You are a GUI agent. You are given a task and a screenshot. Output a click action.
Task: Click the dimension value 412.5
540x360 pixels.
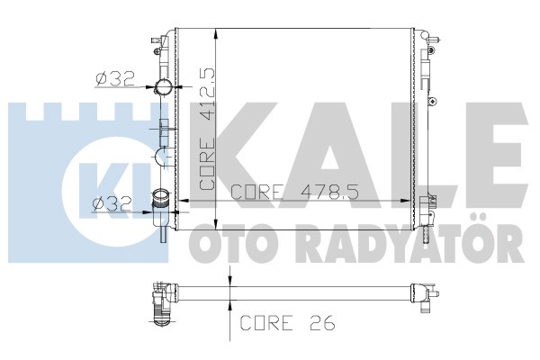[207, 94]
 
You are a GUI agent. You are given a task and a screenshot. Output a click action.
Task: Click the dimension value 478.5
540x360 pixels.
[329, 193]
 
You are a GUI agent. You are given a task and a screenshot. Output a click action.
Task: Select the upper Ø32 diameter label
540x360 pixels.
[115, 79]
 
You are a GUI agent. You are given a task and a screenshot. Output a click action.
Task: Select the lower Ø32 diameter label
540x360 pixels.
[112, 204]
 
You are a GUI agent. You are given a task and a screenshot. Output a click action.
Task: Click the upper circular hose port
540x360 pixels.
[163, 87]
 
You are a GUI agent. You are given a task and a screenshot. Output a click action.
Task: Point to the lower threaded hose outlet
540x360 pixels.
[161, 198]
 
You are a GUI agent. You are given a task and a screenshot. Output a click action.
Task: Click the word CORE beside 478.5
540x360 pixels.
[256, 193]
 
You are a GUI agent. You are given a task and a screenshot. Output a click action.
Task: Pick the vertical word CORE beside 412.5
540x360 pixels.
[207, 163]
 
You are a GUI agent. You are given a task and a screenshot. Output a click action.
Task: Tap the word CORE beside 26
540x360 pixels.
[266, 323]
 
